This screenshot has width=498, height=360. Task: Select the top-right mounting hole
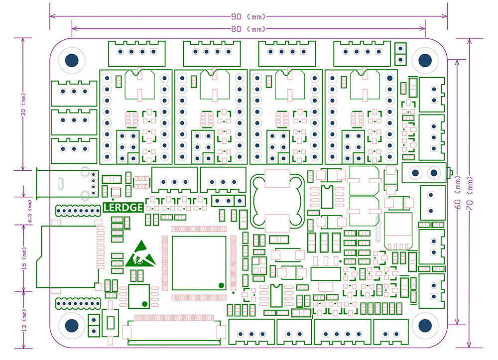425,59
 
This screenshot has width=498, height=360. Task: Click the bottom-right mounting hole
425,326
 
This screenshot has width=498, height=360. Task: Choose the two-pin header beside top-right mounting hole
399,54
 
